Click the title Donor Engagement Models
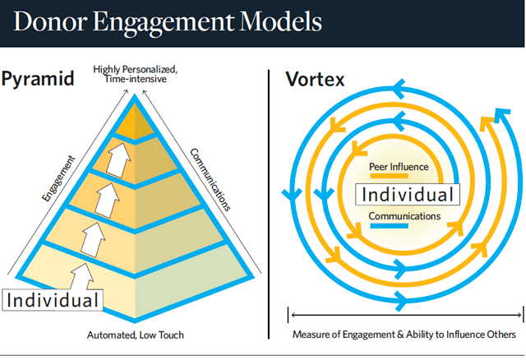(x=168, y=22)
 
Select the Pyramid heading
(x=37, y=79)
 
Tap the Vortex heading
(x=315, y=80)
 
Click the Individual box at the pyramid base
(x=53, y=300)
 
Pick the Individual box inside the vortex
(x=408, y=195)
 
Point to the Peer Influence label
(x=399, y=167)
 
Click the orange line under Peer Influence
(x=389, y=176)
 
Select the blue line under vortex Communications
(x=389, y=226)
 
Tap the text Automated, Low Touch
(x=136, y=335)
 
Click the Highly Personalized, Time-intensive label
(x=135, y=74)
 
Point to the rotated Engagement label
(x=58, y=178)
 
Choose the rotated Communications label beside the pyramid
(x=210, y=180)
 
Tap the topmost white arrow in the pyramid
(x=118, y=160)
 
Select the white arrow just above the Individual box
(x=82, y=276)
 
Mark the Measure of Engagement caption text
(x=404, y=335)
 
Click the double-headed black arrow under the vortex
(x=406, y=315)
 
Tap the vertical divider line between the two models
(x=269, y=205)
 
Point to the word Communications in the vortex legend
(x=404, y=216)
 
